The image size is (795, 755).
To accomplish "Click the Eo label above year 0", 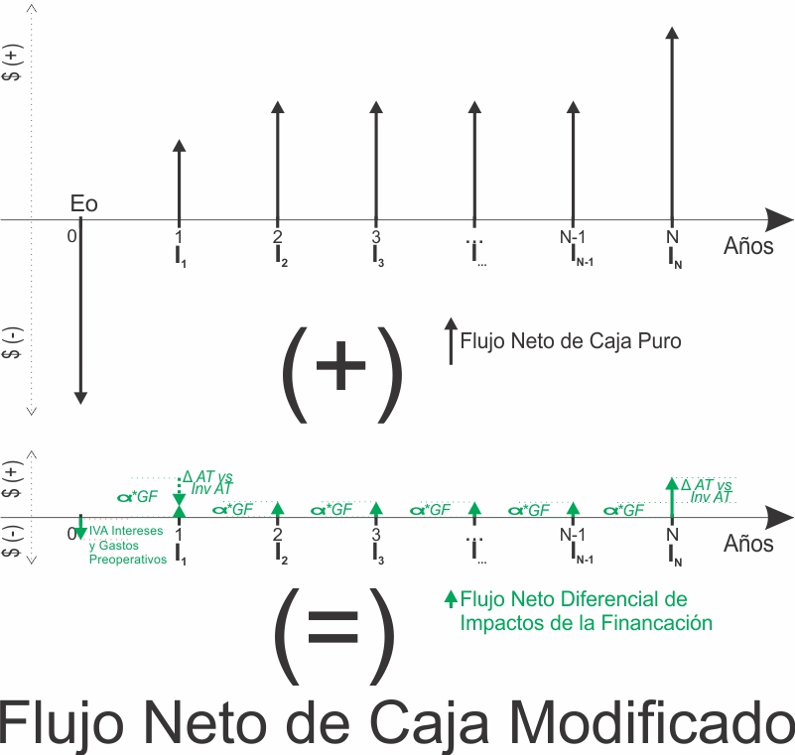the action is point(83,203).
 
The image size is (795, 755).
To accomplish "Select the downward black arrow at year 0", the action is point(80,311).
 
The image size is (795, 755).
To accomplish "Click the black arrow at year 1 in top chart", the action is point(179,183).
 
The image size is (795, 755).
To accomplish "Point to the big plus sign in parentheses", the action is point(340,365).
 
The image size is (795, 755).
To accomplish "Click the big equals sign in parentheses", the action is point(333,626).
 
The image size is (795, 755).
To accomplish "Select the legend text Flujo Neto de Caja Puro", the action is point(571,341).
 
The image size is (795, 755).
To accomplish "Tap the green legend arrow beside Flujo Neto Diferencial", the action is point(451,599).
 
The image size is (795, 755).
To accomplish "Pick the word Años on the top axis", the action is point(748,246).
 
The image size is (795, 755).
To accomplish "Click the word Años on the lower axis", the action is point(748,544).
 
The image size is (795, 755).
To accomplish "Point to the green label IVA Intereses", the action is point(126,531).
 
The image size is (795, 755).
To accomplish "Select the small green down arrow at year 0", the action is point(80,527).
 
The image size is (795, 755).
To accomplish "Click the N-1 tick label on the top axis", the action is point(573,237).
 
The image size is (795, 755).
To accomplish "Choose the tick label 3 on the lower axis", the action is point(376,534).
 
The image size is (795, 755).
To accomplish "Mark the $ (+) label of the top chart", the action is point(12,63).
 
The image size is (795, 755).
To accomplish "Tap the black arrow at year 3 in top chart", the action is point(376,163).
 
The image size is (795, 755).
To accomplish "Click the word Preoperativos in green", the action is point(128,560).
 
